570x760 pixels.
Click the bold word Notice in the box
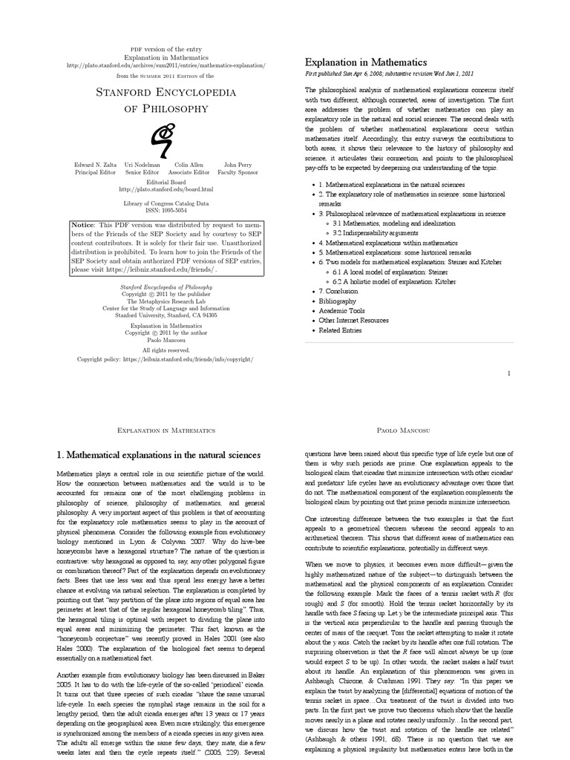pos(85,223)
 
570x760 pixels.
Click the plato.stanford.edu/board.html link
pos(166,189)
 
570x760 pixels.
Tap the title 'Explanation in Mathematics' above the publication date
pos(366,62)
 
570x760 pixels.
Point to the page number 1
pos(508,373)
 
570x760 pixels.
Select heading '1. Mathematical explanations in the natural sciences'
pos(159,454)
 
